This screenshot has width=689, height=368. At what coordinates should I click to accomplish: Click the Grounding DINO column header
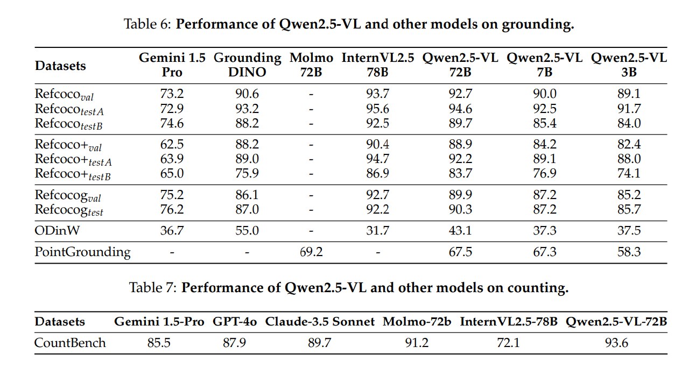click(247, 65)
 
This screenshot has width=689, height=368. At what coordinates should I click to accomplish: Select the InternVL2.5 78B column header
click(378, 65)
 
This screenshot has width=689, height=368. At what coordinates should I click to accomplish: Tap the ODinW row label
click(57, 230)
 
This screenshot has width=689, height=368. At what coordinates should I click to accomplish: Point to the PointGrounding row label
click(82, 252)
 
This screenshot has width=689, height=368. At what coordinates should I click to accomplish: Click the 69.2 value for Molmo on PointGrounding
click(311, 252)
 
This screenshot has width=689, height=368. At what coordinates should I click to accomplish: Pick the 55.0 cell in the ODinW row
click(247, 230)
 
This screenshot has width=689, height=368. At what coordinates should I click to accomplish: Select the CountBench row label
click(70, 343)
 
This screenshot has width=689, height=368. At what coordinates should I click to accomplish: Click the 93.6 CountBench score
click(616, 343)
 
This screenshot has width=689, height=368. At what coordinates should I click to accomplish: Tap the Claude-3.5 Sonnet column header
click(320, 322)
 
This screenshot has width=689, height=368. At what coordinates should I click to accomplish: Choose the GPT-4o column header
click(235, 322)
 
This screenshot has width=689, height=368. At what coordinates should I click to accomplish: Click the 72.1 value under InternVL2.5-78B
click(509, 343)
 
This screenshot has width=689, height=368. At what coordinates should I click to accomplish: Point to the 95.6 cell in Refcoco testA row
click(377, 109)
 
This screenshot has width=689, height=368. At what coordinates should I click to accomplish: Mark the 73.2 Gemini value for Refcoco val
click(172, 94)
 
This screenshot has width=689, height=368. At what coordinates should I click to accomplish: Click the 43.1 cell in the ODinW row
click(460, 230)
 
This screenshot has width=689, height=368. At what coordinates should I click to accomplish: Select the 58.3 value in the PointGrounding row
click(629, 252)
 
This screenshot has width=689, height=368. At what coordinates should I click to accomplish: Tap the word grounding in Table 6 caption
click(538, 25)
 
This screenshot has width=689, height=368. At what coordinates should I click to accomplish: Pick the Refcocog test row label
click(69, 210)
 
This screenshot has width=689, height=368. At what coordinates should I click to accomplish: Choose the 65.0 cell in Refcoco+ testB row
click(172, 173)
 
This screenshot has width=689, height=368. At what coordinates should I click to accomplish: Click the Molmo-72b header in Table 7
click(417, 322)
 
